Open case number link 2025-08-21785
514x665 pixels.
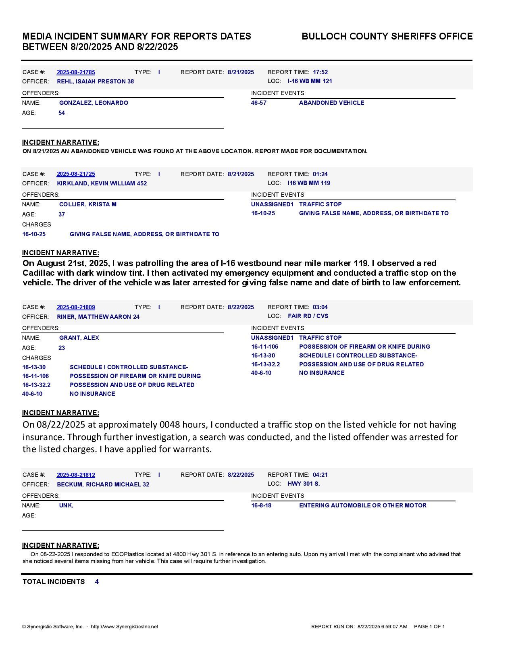[76, 72]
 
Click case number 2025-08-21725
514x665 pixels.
[76, 174]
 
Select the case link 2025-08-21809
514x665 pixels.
[76, 307]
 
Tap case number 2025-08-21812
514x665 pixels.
[76, 475]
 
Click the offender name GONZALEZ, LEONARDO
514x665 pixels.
[94, 103]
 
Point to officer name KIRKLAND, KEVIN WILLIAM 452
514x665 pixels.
[102, 183]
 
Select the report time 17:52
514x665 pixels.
[320, 72]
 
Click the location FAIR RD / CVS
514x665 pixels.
[308, 316]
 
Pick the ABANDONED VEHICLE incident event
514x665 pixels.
[331, 103]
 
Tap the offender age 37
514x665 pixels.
[62, 214]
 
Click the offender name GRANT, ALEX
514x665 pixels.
[79, 338]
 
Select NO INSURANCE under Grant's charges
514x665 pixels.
[92, 394]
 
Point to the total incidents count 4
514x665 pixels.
[97, 582]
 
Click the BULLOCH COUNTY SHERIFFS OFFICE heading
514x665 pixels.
[387, 36]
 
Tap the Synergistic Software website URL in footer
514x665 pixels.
[125, 627]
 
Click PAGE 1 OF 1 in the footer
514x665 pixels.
[429, 627]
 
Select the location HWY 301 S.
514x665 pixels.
[304, 484]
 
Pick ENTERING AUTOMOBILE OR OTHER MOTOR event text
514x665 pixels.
[362, 505]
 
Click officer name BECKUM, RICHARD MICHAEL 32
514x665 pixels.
[103, 484]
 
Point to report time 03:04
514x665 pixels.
[320, 307]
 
